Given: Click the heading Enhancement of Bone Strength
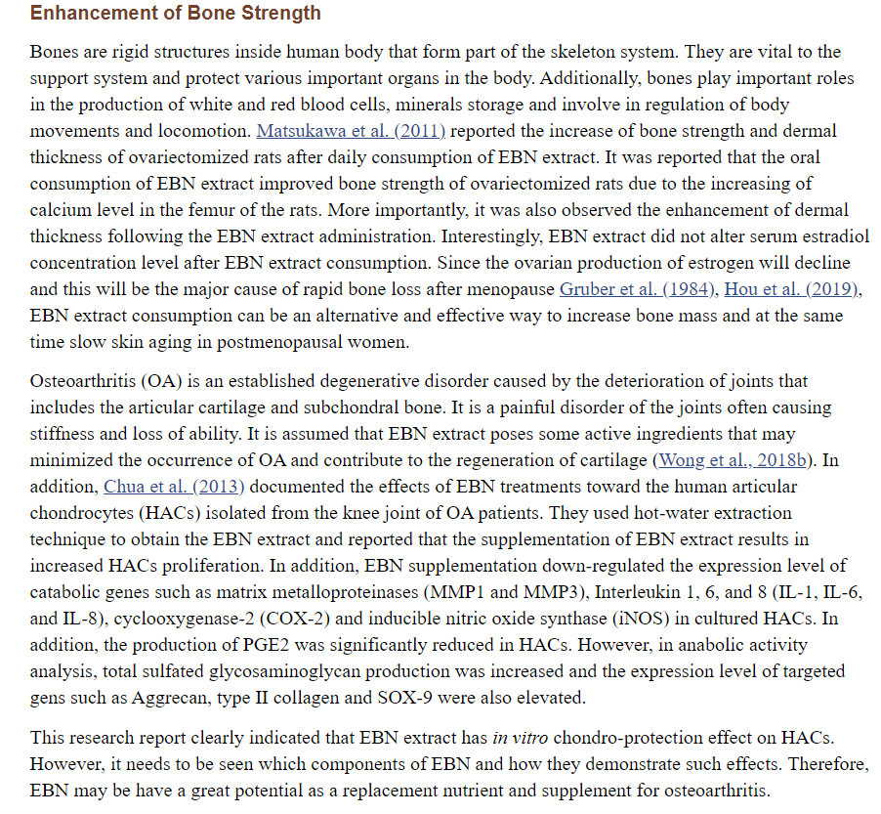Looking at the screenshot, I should (176, 14).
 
